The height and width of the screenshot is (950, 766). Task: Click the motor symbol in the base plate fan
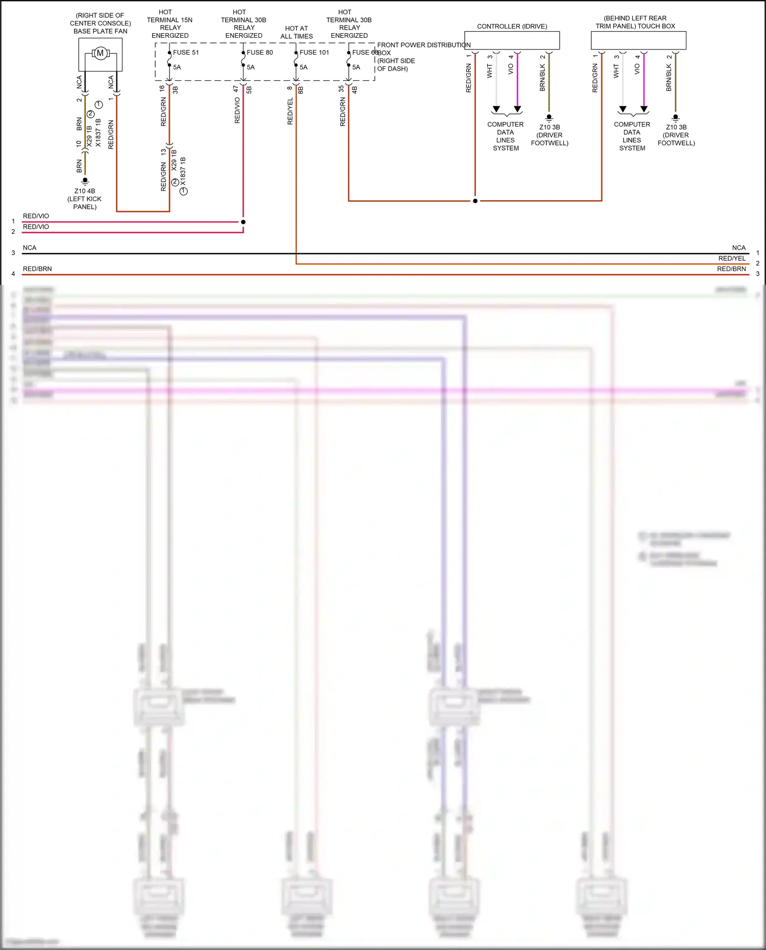click(x=100, y=53)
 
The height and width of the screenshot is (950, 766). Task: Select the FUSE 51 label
click(x=186, y=53)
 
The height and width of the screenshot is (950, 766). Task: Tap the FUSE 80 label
click(x=259, y=53)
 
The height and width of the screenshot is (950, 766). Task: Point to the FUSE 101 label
click(x=314, y=53)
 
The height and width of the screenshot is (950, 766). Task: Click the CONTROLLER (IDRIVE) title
click(x=512, y=27)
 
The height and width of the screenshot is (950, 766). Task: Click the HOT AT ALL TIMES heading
click(x=297, y=32)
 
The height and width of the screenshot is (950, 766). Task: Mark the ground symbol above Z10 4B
click(x=85, y=181)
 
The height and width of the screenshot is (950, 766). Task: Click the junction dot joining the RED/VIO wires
click(x=243, y=222)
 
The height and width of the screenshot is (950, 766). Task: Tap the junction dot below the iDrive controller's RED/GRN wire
click(x=475, y=201)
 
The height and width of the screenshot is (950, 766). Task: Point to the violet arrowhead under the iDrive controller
click(x=517, y=109)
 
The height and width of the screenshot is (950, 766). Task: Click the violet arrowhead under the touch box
click(x=644, y=109)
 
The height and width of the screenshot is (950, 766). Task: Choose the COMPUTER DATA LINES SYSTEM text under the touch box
click(x=632, y=136)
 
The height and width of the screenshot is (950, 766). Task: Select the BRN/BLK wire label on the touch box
click(x=669, y=78)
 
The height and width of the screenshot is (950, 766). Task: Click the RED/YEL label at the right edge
click(x=732, y=259)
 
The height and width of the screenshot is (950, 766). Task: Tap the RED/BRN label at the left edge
click(x=37, y=269)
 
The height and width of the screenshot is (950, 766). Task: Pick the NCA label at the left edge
click(x=30, y=248)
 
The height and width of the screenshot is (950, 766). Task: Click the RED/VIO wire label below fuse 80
click(x=237, y=111)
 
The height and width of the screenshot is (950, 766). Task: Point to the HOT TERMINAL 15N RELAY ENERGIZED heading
click(x=170, y=24)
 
